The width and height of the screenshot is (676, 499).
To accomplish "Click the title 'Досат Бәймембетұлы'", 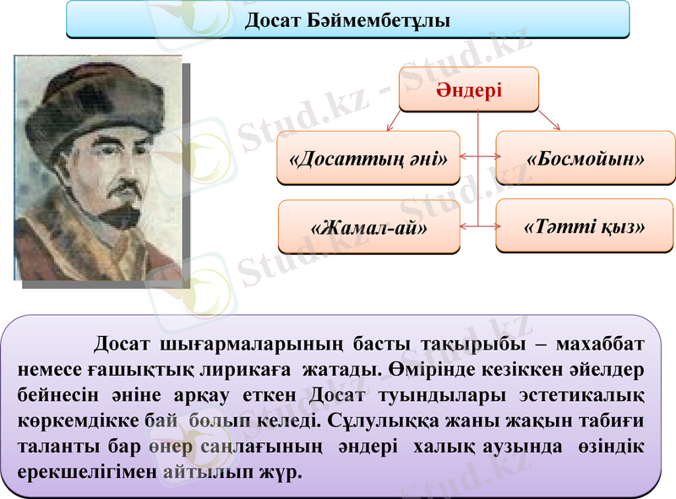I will [347, 19].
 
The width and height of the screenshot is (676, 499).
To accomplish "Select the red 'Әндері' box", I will [468, 89].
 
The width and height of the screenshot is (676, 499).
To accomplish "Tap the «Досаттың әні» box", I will [368, 158].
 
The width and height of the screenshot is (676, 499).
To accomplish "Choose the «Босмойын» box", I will [586, 158].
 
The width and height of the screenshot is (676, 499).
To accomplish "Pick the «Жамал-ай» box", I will [368, 227].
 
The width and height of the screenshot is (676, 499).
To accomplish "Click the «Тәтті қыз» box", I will [586, 226].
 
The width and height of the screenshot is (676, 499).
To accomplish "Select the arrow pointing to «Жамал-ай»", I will [468, 226].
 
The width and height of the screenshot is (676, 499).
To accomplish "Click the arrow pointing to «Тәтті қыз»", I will [488, 226].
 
